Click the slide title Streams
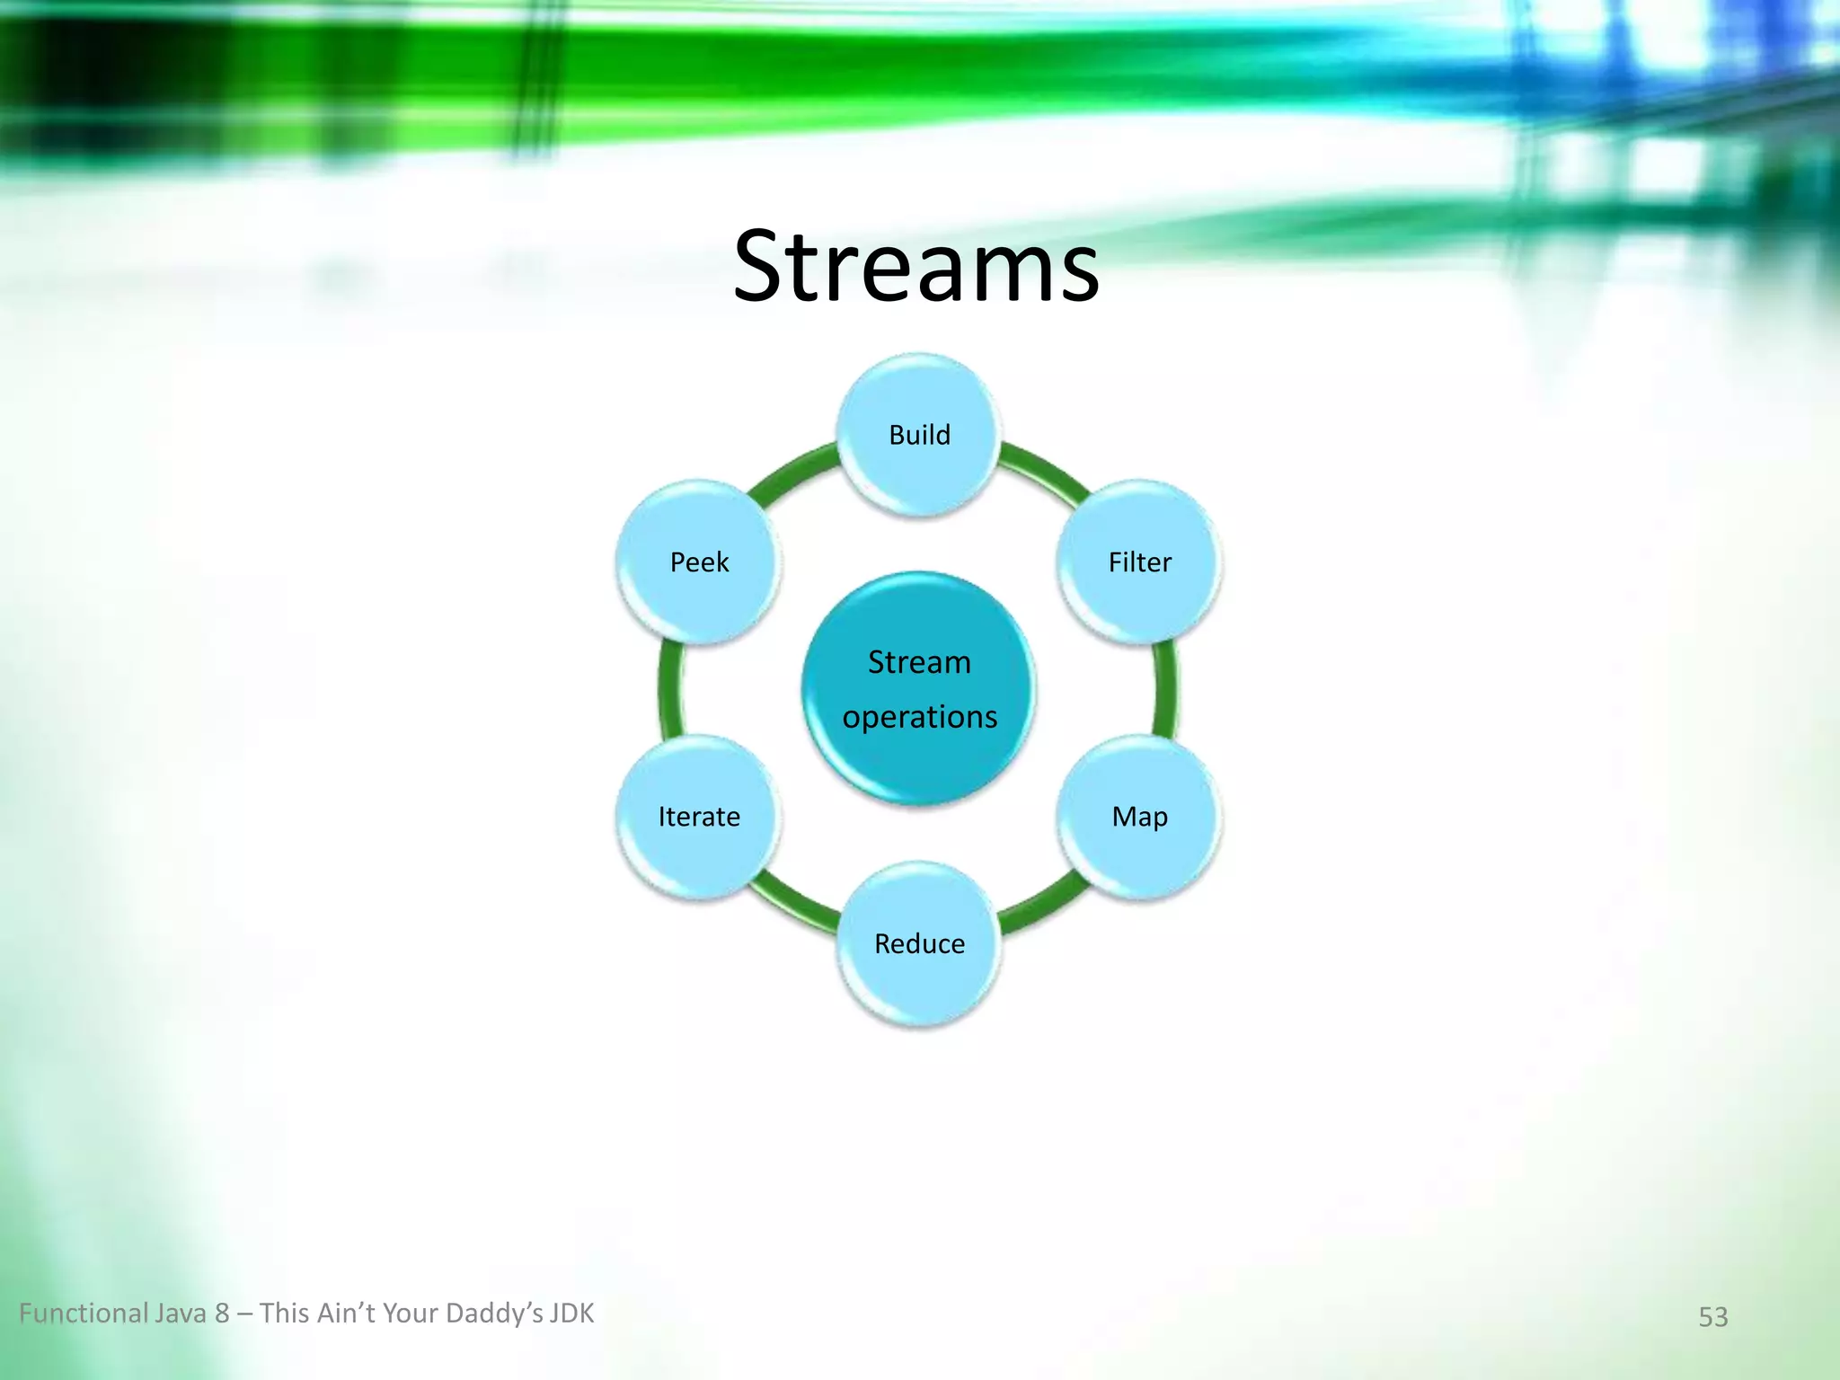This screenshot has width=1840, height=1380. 916,267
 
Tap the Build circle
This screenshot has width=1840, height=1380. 919,435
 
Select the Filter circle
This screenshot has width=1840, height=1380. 1139,562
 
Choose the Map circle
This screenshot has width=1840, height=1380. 1139,817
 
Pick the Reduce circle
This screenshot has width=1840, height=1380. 919,943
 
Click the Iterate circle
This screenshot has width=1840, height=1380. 699,817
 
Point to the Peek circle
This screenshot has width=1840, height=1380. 699,562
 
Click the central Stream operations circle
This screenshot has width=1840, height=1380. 919,689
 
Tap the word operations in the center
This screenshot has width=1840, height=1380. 919,717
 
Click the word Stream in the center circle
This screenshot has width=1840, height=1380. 919,662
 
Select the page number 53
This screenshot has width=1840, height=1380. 1712,1316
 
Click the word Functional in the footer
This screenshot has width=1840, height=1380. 84,1314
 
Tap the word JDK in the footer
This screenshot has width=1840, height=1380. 571,1314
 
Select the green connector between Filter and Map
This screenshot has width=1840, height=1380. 1165,689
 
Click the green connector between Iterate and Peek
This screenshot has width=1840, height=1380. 670,689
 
